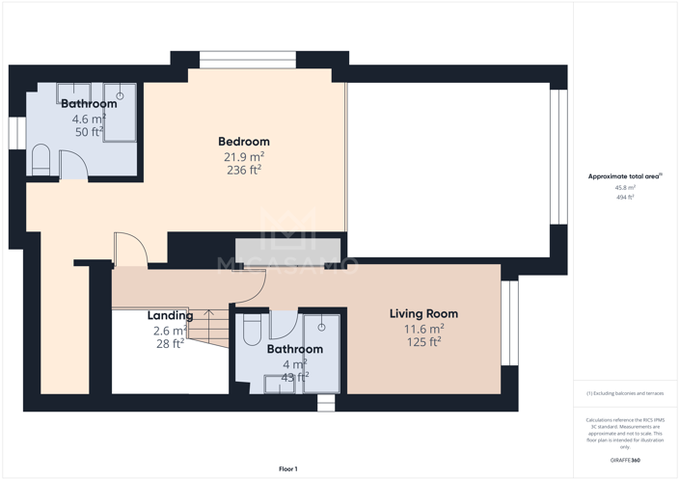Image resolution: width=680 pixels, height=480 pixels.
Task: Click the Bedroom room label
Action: click(x=243, y=142)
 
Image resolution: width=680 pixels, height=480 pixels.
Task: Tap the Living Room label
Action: click(x=423, y=314)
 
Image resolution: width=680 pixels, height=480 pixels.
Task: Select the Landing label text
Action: click(x=169, y=316)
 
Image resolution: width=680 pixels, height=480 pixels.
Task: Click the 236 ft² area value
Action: click(x=243, y=170)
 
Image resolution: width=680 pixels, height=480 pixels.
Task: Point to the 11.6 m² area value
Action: click(x=423, y=330)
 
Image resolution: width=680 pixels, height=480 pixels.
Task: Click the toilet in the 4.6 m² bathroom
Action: click(x=41, y=160)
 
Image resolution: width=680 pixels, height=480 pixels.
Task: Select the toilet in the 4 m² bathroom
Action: click(x=252, y=331)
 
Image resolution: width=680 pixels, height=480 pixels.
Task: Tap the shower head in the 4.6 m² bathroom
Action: click(x=121, y=95)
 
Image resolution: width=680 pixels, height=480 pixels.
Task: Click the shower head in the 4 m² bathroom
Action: click(x=321, y=327)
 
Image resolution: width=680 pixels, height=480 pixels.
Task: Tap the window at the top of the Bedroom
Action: click(x=247, y=60)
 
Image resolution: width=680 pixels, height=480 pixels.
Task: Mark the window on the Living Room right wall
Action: click(x=509, y=323)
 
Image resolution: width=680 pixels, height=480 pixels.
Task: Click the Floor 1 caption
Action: click(x=288, y=468)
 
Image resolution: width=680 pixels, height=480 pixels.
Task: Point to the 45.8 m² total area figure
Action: click(x=625, y=188)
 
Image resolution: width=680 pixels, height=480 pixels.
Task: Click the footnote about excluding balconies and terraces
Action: click(x=625, y=393)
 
